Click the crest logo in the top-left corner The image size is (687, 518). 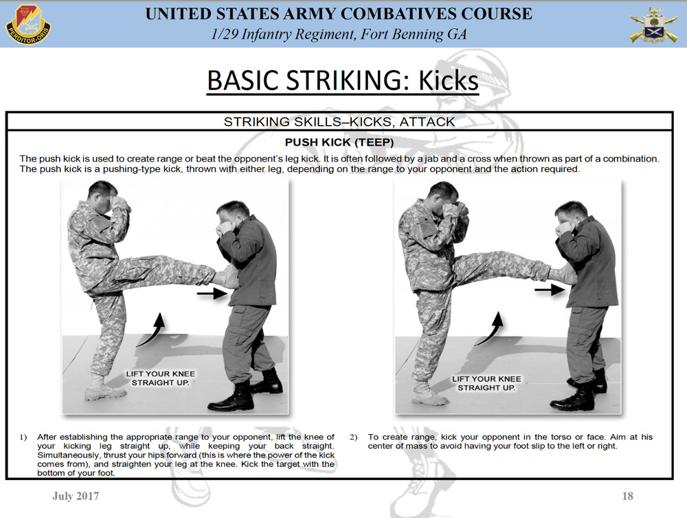(28, 22)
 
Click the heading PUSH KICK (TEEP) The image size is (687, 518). (339, 143)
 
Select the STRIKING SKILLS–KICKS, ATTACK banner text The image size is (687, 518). (339, 122)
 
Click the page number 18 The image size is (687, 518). (627, 496)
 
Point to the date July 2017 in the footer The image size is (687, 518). (76, 496)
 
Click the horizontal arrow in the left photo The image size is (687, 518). (213, 294)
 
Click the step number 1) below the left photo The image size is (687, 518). (23, 437)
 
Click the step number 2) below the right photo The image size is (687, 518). (354, 437)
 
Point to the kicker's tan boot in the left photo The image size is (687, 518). (104, 389)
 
